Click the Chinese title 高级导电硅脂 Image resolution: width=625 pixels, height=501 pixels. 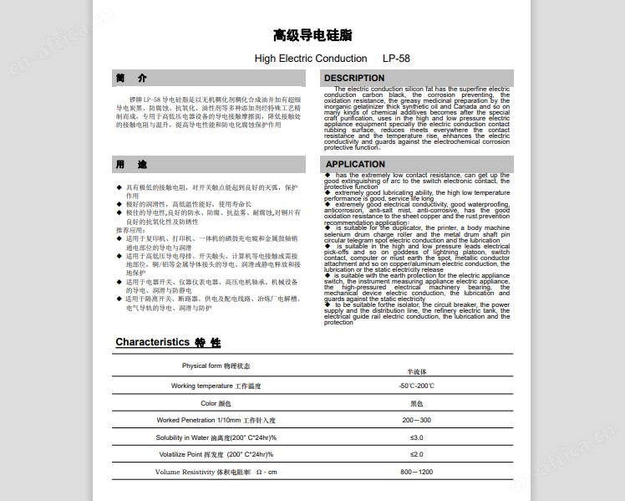(x=312, y=35)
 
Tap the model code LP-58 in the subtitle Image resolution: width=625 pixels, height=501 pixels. (x=396, y=59)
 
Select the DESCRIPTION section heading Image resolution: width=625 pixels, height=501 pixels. (x=354, y=79)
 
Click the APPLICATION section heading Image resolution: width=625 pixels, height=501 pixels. (x=355, y=165)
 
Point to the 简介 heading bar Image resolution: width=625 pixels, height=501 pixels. (x=132, y=79)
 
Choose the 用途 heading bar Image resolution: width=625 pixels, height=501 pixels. (x=132, y=165)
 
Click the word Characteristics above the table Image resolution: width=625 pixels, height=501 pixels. (x=152, y=342)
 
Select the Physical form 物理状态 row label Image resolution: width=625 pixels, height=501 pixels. (x=216, y=366)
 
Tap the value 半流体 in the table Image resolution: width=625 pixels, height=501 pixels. (x=416, y=371)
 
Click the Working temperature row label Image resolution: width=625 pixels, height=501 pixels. (x=216, y=386)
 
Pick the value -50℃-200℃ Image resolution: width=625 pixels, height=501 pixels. (x=416, y=386)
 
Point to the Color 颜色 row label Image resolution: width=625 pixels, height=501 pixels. (x=216, y=403)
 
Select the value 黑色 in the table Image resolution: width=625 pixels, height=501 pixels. (x=416, y=403)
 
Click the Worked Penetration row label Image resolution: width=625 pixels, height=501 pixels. (x=216, y=421)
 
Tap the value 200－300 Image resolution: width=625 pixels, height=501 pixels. (x=416, y=421)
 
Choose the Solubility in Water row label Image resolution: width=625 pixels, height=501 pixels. (x=216, y=438)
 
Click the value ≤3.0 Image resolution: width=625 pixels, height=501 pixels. (x=416, y=438)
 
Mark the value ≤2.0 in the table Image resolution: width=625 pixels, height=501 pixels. (x=416, y=455)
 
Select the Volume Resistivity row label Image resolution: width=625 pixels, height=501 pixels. (x=216, y=473)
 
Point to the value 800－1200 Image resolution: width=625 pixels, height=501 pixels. (x=416, y=473)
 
